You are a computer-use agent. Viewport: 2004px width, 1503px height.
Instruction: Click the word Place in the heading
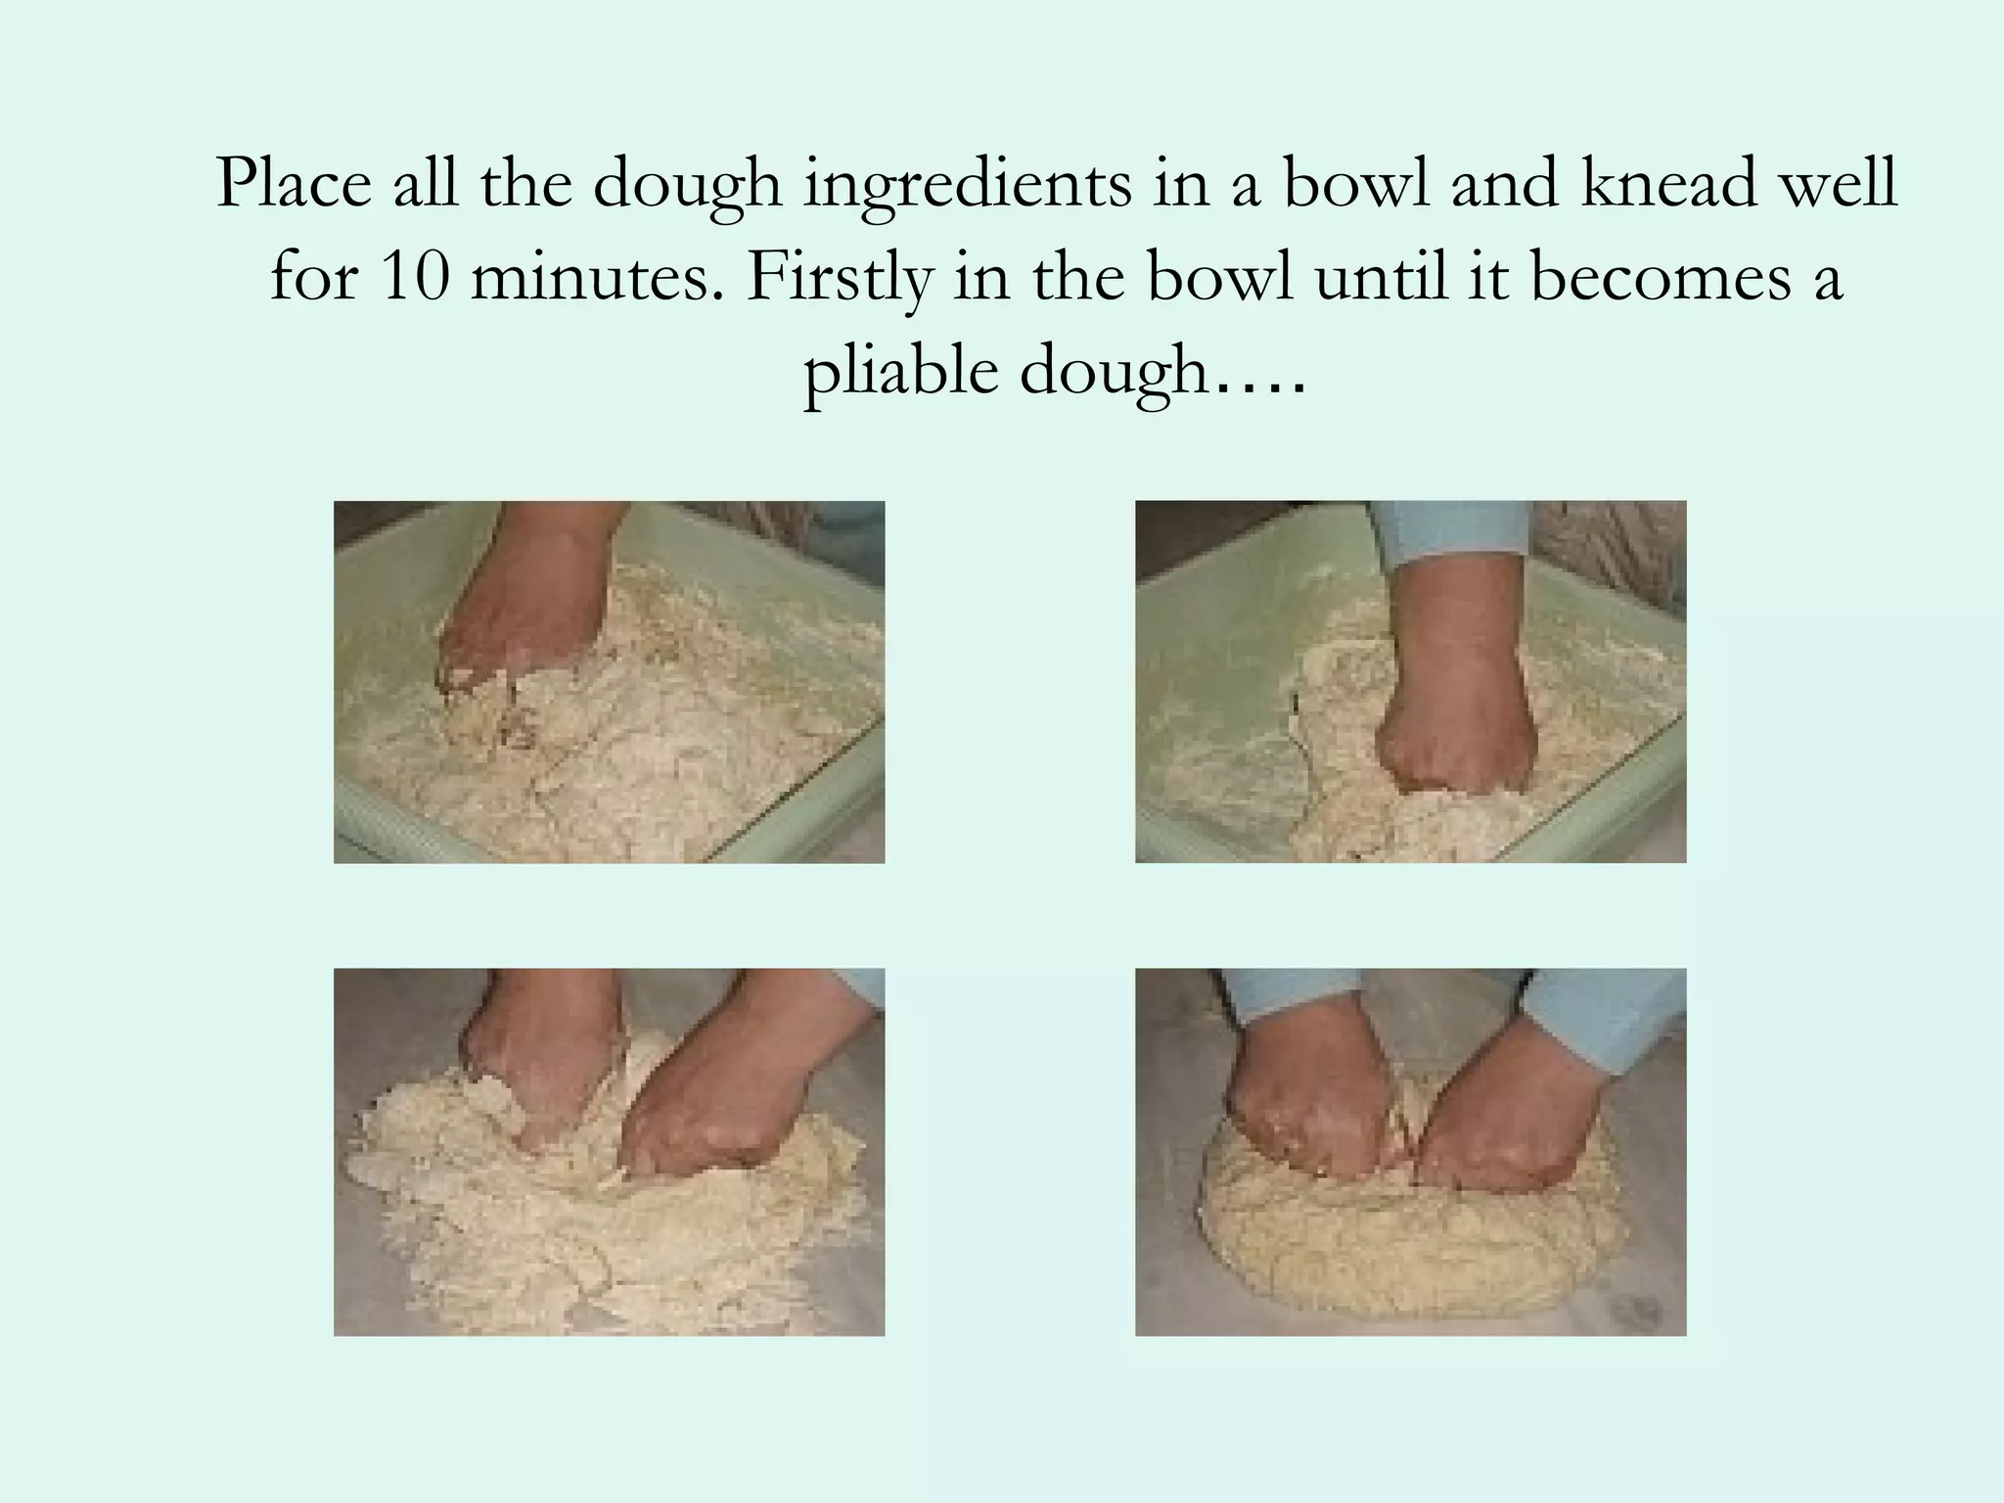click(293, 184)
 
